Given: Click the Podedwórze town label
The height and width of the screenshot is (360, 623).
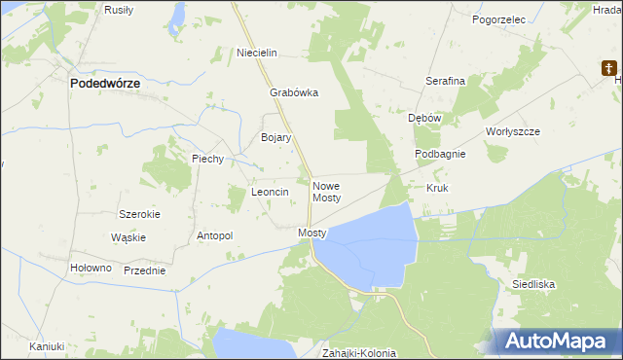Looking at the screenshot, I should (105, 85).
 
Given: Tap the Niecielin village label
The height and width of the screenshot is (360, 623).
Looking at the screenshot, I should (258, 53).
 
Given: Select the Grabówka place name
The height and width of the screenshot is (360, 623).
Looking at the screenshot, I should (294, 94).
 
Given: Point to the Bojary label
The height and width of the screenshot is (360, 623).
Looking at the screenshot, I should (276, 138).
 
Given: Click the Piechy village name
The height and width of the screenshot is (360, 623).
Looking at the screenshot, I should (208, 159).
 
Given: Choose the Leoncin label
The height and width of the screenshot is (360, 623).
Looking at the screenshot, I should (270, 193).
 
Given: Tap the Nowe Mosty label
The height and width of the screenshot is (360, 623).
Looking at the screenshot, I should (326, 191).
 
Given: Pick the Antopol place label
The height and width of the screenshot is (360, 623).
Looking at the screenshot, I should (215, 235).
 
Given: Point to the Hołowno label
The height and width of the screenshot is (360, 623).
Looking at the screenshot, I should (92, 268).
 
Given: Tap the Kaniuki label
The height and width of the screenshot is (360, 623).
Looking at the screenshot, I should (46, 346).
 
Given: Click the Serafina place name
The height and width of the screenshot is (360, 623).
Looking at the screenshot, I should (445, 81).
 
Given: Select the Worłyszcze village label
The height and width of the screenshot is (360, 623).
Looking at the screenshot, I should (512, 130).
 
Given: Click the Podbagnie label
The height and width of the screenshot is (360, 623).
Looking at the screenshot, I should (440, 155).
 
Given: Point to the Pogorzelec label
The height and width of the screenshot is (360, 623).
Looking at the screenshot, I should (497, 18).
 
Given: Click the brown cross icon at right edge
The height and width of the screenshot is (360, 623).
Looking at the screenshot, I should (610, 69).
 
